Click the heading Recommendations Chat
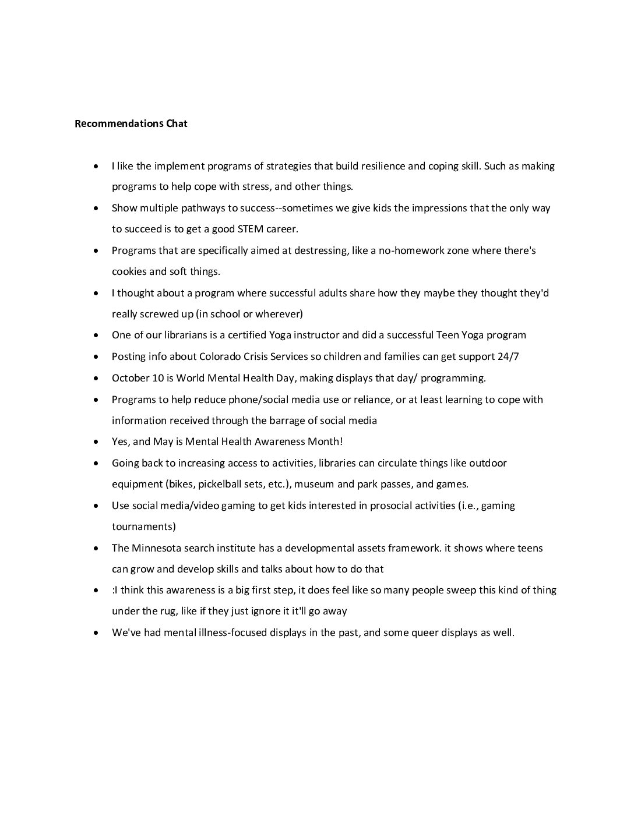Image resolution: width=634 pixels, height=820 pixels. pos(131,123)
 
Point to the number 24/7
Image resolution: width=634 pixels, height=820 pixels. pos(508,356)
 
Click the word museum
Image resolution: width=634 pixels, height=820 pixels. pos(315,484)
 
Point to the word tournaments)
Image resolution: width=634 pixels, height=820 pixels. pos(143,526)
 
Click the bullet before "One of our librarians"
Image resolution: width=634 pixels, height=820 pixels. pos(96,335)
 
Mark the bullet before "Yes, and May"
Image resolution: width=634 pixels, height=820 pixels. pos(96,442)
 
